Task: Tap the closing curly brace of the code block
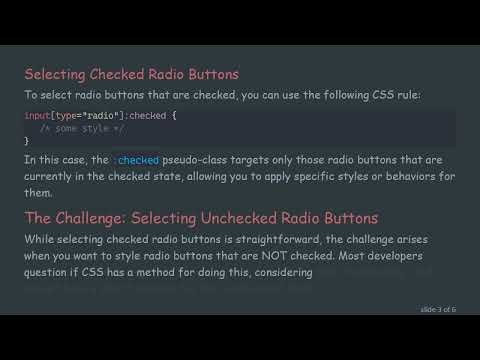(27, 141)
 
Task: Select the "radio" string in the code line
(83, 116)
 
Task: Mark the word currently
(54, 176)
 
